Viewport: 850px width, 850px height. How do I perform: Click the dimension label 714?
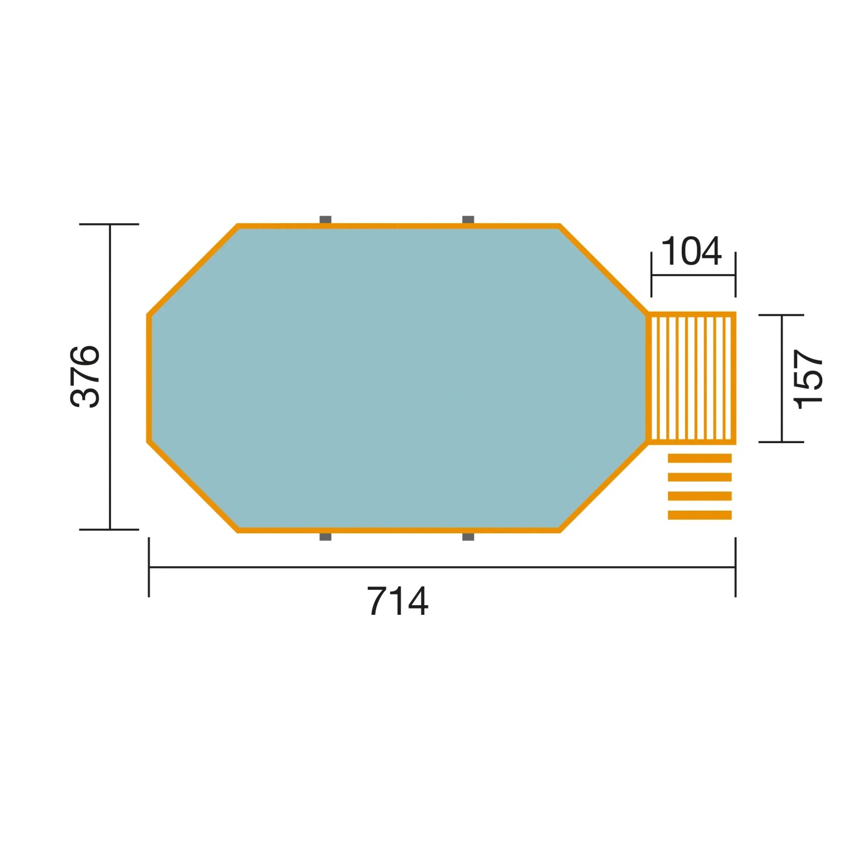pos(398,601)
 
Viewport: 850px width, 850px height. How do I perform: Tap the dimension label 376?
pos(85,376)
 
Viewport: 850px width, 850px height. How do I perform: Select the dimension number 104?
pos(691,251)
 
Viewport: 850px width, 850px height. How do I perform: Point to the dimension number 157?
pos(808,379)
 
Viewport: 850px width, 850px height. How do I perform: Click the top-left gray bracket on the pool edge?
pos(325,220)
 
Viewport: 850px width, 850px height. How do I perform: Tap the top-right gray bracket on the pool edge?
pos(468,220)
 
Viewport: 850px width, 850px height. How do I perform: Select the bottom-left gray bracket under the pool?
pos(325,536)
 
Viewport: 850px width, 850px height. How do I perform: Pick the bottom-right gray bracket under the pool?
pos(468,536)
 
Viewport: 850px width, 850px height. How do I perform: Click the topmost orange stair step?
pos(700,458)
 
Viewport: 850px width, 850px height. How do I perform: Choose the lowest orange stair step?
pos(700,515)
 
